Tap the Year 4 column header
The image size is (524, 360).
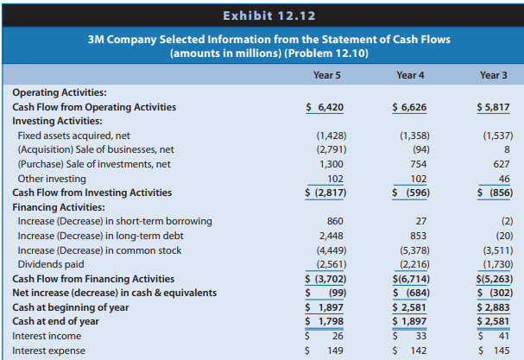pyautogui.click(x=409, y=75)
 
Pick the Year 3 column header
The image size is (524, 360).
pyautogui.click(x=493, y=75)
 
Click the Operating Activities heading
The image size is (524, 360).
pyautogui.click(x=59, y=93)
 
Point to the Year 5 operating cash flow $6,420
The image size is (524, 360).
pyautogui.click(x=325, y=107)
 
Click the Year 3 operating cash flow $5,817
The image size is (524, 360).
pyautogui.click(x=493, y=107)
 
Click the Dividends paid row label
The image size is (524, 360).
pyautogui.click(x=51, y=264)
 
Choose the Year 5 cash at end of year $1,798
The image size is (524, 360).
pyautogui.click(x=325, y=321)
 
